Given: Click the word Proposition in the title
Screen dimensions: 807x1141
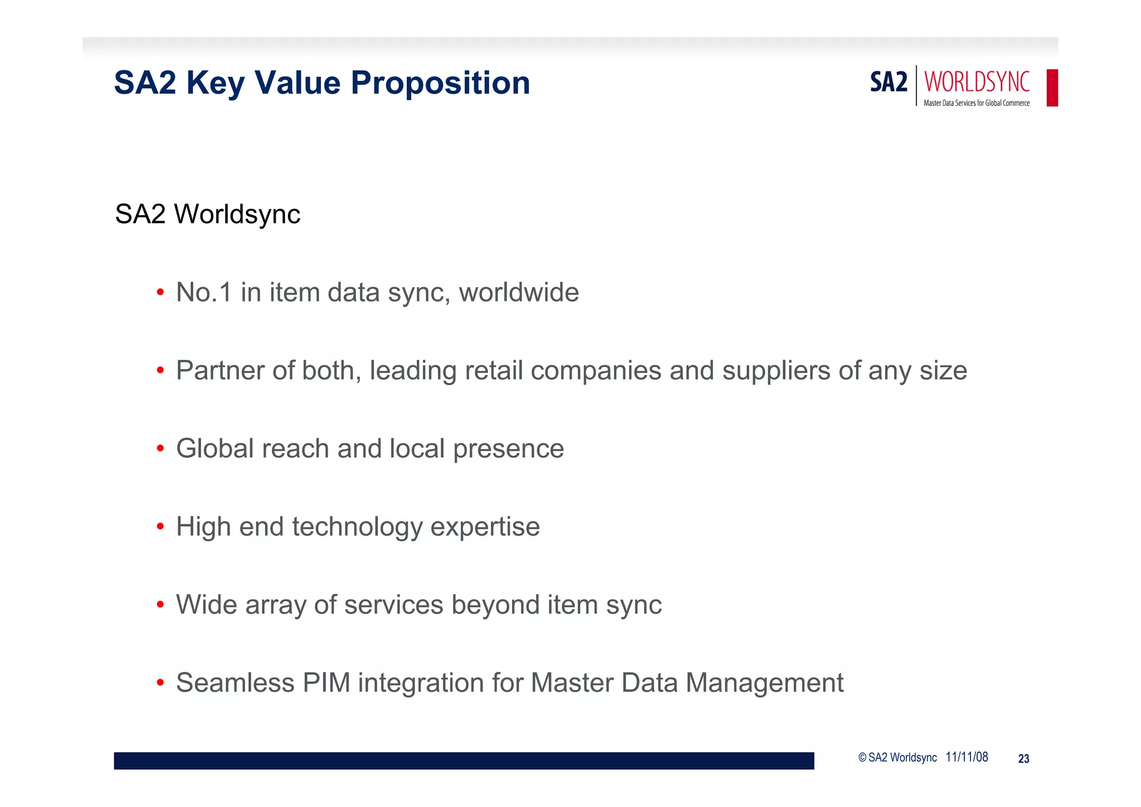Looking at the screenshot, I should point(440,83).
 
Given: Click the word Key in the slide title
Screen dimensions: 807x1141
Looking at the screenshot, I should point(215,83).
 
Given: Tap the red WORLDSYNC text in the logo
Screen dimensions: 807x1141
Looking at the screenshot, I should point(977,82).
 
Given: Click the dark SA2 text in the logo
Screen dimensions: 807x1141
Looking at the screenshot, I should point(889,82).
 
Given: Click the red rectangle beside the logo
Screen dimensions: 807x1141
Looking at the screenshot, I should point(1052,87).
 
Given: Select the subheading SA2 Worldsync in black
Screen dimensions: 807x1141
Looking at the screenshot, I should point(207,214).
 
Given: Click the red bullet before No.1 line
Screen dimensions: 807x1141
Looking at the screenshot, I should point(160,292).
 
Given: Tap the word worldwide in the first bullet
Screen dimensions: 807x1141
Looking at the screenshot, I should point(519,292).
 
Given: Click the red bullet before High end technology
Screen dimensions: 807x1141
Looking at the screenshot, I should point(160,526).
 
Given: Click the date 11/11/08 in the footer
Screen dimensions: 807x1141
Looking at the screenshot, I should point(967,757).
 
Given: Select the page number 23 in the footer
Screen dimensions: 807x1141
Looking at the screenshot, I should point(1023,759).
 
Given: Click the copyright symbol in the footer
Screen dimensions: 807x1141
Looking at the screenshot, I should point(862,757).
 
